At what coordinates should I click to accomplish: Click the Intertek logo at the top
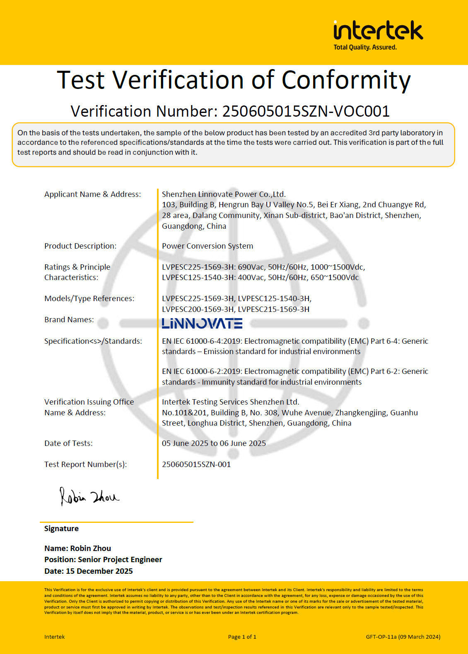click(x=378, y=31)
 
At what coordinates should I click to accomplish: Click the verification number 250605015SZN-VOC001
click(x=306, y=111)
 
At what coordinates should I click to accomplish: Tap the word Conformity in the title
click(x=346, y=80)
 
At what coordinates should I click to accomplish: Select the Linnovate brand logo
click(x=202, y=323)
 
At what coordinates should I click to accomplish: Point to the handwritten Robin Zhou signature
click(x=89, y=496)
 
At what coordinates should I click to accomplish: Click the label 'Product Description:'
click(x=80, y=246)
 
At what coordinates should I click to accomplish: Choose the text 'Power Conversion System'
click(x=207, y=246)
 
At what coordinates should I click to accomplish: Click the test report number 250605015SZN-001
click(x=196, y=465)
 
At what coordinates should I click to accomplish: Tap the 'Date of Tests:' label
click(x=68, y=443)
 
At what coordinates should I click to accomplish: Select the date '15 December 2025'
click(x=99, y=571)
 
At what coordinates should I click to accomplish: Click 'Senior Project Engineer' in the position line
click(x=120, y=560)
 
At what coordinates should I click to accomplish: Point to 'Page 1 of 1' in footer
click(x=242, y=637)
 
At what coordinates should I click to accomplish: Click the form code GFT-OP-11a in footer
click(x=381, y=637)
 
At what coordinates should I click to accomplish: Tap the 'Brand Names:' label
click(x=69, y=320)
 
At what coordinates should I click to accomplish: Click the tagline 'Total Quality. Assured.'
click(x=365, y=48)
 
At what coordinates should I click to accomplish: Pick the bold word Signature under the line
click(x=61, y=529)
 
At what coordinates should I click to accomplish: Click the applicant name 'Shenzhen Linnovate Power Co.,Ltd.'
click(x=224, y=194)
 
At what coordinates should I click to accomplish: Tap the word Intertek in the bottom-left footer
click(x=55, y=637)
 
